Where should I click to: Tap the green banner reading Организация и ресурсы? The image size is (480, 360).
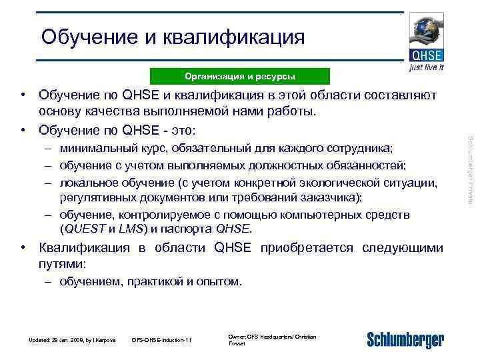[x=240, y=76]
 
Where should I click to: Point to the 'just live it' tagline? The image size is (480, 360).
[x=426, y=67]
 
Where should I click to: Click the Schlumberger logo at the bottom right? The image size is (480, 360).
[x=405, y=339]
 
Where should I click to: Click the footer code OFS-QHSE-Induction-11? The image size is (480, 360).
[x=161, y=340]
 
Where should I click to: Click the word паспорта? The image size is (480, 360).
[x=191, y=229]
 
